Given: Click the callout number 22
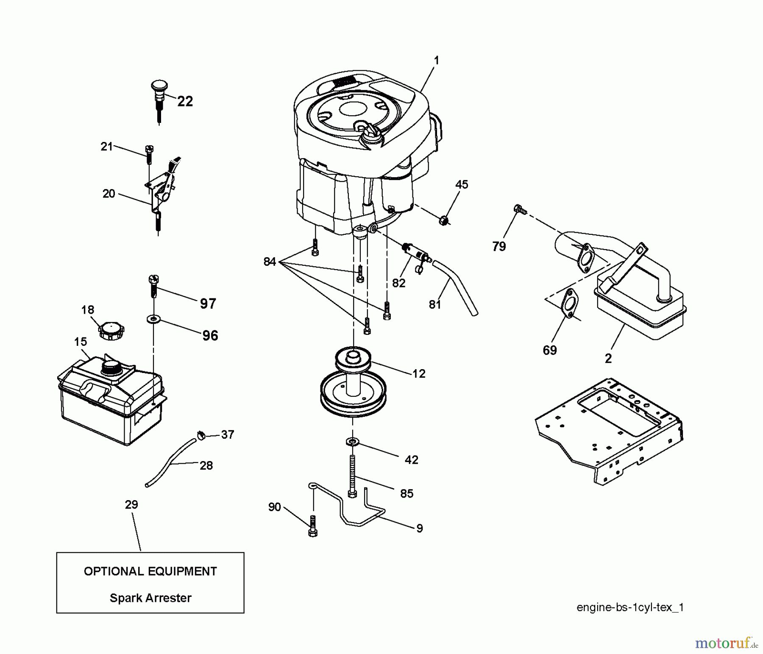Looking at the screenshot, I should click(x=185, y=101).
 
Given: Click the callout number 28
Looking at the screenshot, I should click(x=206, y=465).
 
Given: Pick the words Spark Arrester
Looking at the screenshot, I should click(x=150, y=598).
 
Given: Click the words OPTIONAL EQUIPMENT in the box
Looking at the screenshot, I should click(x=150, y=571).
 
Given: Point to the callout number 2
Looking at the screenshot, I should click(x=608, y=359).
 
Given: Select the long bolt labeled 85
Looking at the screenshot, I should click(x=353, y=476).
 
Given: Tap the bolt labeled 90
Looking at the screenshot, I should click(x=313, y=526).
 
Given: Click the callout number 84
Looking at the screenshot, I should click(x=270, y=262).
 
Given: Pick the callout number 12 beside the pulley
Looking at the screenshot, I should click(x=419, y=373).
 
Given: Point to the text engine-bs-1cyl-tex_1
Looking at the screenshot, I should click(x=630, y=607).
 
